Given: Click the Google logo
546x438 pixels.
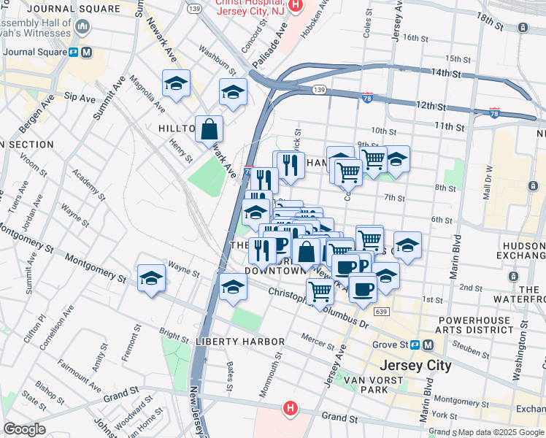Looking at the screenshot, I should [24, 429].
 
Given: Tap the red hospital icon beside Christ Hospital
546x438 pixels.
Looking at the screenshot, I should [296, 5].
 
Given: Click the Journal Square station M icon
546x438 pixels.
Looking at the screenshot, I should [87, 53].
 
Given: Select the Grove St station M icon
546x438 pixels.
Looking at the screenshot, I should [428, 345].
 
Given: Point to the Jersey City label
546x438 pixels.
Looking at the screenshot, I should [416, 365].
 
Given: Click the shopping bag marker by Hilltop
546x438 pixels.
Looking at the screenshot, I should [209, 129].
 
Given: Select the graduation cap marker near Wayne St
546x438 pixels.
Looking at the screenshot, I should [151, 278].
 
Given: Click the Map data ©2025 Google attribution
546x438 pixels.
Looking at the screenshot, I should [501, 432].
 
